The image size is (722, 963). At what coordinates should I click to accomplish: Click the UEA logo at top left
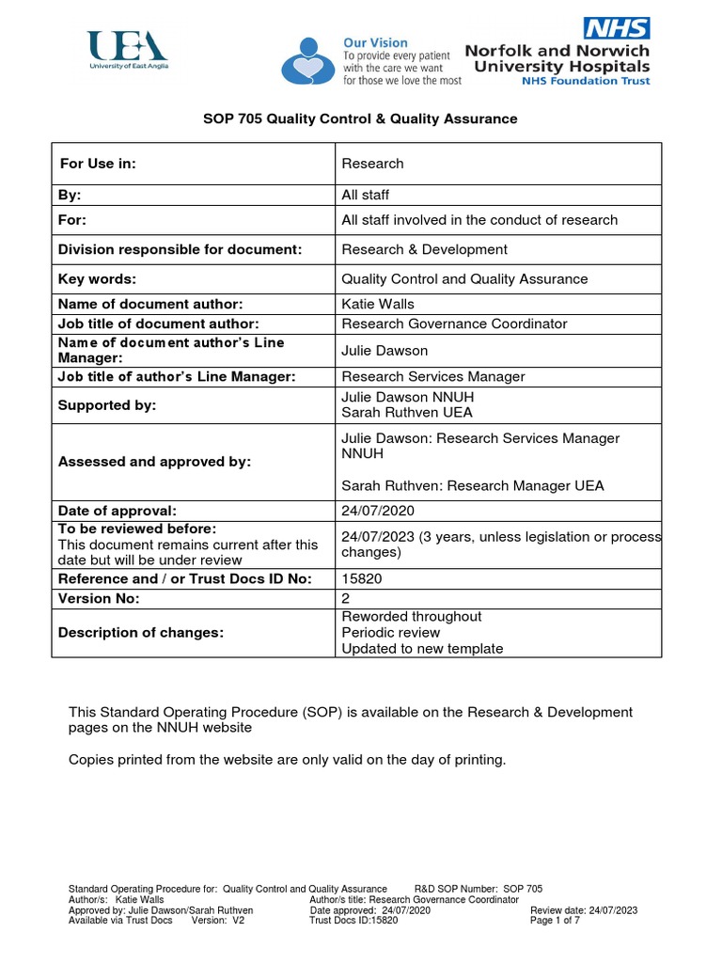(127, 51)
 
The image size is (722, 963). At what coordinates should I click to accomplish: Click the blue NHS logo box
(616, 27)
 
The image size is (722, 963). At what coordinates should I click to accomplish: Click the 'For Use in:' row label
(99, 164)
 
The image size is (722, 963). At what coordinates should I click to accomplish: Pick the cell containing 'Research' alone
(372, 164)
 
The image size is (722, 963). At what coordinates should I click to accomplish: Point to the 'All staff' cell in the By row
(365, 196)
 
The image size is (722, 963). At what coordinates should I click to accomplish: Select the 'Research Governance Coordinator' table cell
(454, 324)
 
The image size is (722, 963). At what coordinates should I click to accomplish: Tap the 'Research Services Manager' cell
(432, 377)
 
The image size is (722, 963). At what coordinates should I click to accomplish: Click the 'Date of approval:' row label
(118, 511)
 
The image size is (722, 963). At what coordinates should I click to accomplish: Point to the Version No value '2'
(346, 597)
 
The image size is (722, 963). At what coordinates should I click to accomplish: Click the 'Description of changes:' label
(141, 633)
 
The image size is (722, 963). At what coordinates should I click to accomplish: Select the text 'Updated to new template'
(422, 649)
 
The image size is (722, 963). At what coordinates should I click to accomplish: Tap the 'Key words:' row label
(97, 278)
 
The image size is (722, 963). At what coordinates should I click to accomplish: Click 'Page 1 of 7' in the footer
(556, 921)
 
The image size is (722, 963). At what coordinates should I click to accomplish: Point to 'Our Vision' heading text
(375, 42)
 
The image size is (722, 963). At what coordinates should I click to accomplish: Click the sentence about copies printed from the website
(287, 760)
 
